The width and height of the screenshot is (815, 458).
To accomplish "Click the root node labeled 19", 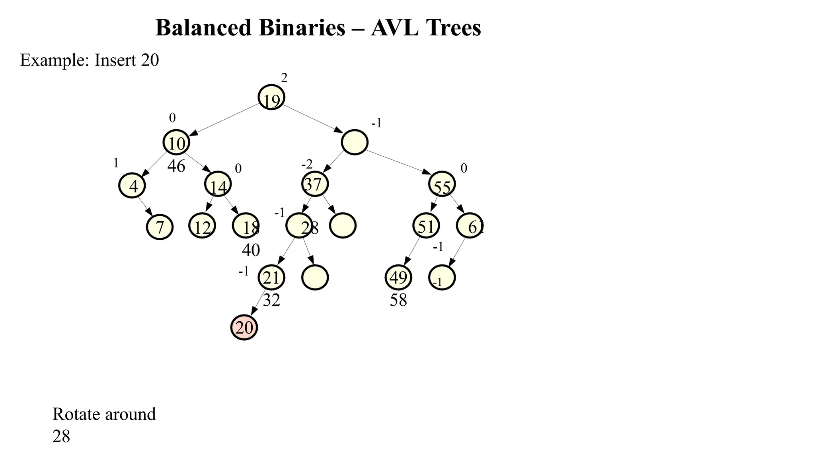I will click(x=271, y=97).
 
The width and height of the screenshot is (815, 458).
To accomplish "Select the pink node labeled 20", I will click(x=244, y=327).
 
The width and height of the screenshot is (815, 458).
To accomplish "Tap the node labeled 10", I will click(x=176, y=142).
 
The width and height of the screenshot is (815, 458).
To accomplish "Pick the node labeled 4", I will click(x=132, y=185).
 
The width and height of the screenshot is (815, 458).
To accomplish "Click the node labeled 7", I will click(x=160, y=227).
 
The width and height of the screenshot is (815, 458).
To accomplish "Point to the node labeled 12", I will click(x=202, y=226).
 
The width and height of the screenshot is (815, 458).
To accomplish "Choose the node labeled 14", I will click(x=218, y=184).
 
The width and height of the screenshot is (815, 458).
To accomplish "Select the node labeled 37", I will click(x=314, y=184).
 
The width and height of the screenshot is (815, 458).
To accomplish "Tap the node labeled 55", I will click(x=442, y=184).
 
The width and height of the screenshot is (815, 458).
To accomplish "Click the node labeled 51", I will click(x=426, y=225).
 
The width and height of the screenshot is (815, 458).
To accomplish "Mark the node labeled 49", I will click(x=398, y=278).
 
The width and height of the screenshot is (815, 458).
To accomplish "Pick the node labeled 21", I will click(x=271, y=277).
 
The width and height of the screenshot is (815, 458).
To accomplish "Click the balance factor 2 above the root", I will click(x=284, y=78).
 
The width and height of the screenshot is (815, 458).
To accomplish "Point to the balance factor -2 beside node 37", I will click(x=307, y=164).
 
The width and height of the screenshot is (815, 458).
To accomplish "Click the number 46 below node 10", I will click(x=176, y=166).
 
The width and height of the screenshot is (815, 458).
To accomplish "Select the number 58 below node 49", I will click(x=398, y=300).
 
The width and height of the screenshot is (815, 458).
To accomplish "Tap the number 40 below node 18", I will click(x=251, y=250).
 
